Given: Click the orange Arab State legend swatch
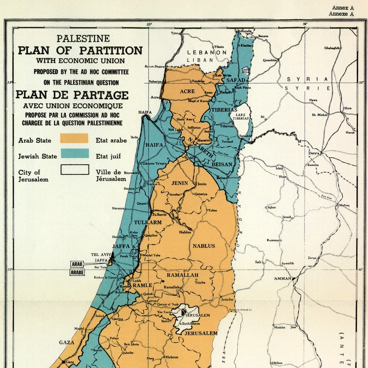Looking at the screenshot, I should pyautogui.click(x=74, y=138).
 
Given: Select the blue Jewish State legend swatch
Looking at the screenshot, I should pyautogui.click(x=74, y=154).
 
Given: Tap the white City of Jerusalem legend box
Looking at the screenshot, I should pyautogui.click(x=74, y=169).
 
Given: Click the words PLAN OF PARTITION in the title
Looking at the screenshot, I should pyautogui.click(x=80, y=50).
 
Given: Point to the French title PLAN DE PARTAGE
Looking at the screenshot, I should pyautogui.click(x=72, y=94).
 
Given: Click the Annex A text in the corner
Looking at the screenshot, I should pyautogui.click(x=343, y=8).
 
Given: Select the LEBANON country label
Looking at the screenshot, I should pyautogui.click(x=207, y=52).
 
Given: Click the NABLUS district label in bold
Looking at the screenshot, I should pyautogui.click(x=204, y=246).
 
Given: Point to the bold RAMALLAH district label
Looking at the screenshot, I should pyautogui.click(x=183, y=275).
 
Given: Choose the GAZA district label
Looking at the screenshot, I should pyautogui.click(x=66, y=342).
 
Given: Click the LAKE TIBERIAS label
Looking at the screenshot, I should pyautogui.click(x=241, y=117).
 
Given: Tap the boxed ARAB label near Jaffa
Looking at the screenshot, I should pyautogui.click(x=77, y=264).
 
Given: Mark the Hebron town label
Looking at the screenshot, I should pyautogui.click(x=172, y=357).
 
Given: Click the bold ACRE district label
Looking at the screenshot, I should pyautogui.click(x=187, y=91).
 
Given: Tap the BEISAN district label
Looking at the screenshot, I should pyautogui.click(x=222, y=164).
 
